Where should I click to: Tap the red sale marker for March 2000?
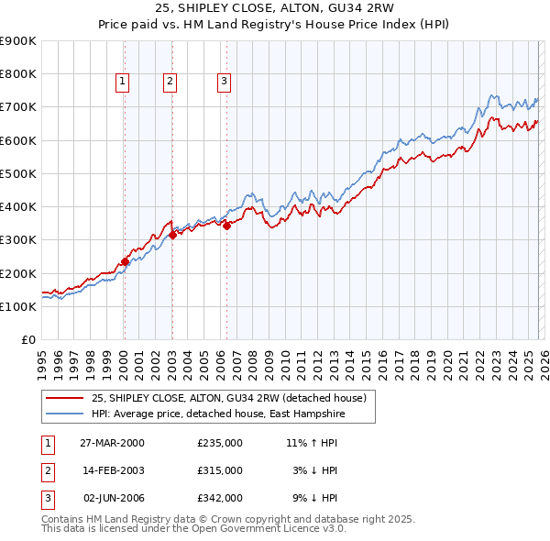pyautogui.click(x=126, y=261)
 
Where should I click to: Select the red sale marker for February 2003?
pyautogui.click(x=172, y=235)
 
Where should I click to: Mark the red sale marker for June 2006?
pyautogui.click(x=226, y=226)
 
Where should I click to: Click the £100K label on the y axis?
pyautogui.click(x=18, y=306)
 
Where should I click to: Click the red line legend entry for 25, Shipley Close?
pyautogui.click(x=228, y=398)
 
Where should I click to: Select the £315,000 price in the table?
pyautogui.click(x=220, y=470)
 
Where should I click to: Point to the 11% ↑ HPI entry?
pyautogui.click(x=312, y=443)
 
